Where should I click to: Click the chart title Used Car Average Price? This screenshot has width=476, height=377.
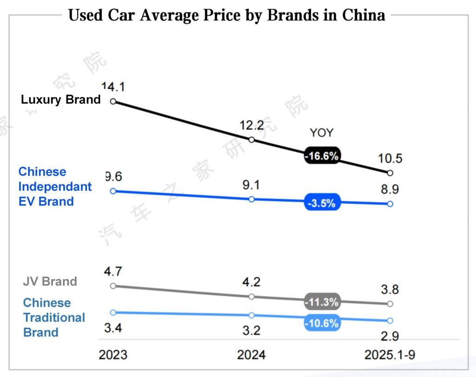[x=226, y=15]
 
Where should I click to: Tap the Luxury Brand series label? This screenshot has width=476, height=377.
[x=60, y=100]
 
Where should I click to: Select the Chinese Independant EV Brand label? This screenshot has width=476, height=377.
[x=55, y=187]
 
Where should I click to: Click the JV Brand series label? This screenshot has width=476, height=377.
[x=50, y=282]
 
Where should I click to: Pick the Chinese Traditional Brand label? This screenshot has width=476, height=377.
[x=54, y=317]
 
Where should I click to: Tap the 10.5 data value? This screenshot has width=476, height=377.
[x=390, y=158]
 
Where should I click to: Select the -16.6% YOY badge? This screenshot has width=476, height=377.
[x=322, y=156]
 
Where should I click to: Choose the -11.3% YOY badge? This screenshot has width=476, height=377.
[x=322, y=302]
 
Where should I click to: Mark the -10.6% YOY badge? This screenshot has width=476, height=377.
[x=322, y=323]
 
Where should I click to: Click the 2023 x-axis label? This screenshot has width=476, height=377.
[x=113, y=355]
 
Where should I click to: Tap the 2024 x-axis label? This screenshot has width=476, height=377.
[x=251, y=355]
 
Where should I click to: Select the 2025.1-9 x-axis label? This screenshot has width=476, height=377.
[x=390, y=355]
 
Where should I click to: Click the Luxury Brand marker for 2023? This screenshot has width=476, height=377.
[x=113, y=101]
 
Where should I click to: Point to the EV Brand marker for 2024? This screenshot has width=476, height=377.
[x=251, y=199]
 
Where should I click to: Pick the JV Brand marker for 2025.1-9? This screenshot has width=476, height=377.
[x=390, y=304]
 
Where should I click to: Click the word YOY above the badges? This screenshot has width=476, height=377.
[x=322, y=133]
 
